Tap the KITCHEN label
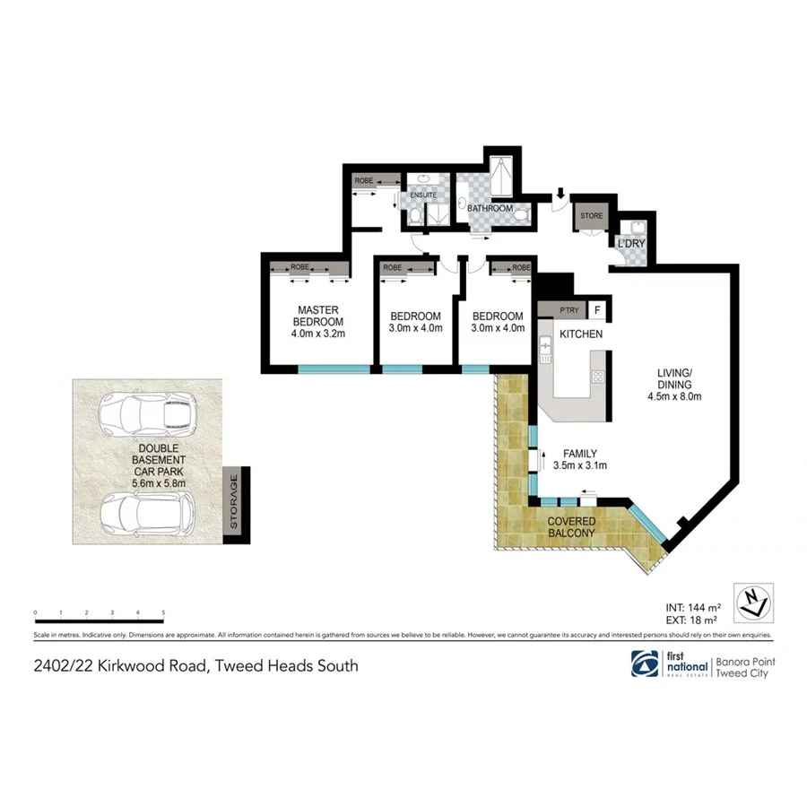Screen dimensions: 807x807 [580, 334]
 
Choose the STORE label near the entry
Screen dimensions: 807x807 [591, 216]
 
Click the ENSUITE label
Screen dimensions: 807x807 [423, 195]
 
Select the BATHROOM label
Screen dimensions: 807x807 [490, 209]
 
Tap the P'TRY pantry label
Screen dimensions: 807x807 [568, 310]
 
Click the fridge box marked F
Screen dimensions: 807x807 [598, 310]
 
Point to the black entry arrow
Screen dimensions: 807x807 [560, 192]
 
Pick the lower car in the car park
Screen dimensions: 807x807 [146, 515]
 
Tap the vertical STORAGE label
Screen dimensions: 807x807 [234, 505]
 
